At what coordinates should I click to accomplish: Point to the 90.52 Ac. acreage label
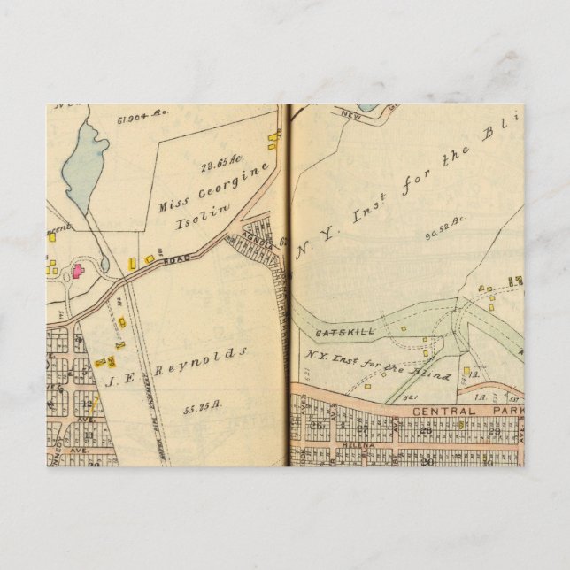tap(444, 233)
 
